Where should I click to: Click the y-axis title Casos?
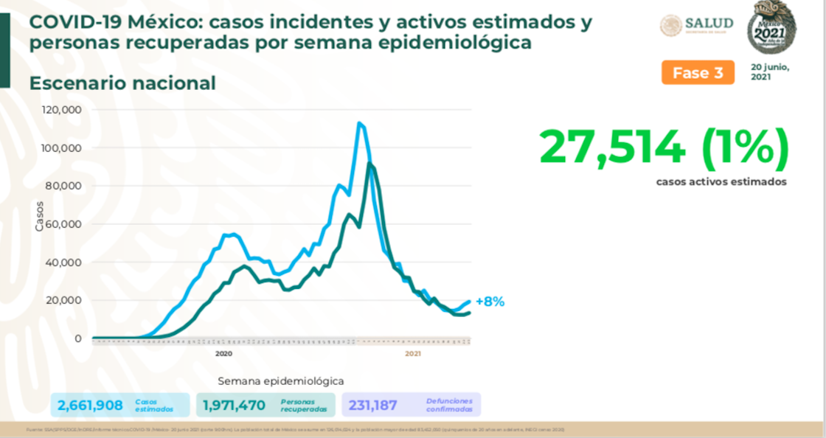pyautogui.click(x=40, y=216)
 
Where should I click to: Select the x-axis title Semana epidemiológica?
pyautogui.click(x=280, y=381)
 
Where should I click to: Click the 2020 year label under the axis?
pyautogui.click(x=224, y=355)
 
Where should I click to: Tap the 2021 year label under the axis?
pyautogui.click(x=413, y=355)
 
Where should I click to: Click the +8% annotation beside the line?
pyautogui.click(x=490, y=302)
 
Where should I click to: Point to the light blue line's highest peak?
pyautogui.click(x=359, y=123)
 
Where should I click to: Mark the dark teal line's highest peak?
pyautogui.click(x=369, y=164)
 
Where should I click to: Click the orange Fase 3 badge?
pyautogui.click(x=698, y=73)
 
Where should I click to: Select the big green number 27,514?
pyautogui.click(x=612, y=147)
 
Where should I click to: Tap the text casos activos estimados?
pyautogui.click(x=721, y=181)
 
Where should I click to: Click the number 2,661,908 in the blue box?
pyautogui.click(x=90, y=405)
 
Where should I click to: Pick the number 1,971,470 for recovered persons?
pyautogui.click(x=234, y=405)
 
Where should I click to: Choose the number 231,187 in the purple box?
pyautogui.click(x=373, y=405)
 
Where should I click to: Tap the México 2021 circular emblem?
pyautogui.click(x=772, y=27)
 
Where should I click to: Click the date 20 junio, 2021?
pyautogui.click(x=770, y=72)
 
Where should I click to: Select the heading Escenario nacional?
pyautogui.click(x=122, y=83)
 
